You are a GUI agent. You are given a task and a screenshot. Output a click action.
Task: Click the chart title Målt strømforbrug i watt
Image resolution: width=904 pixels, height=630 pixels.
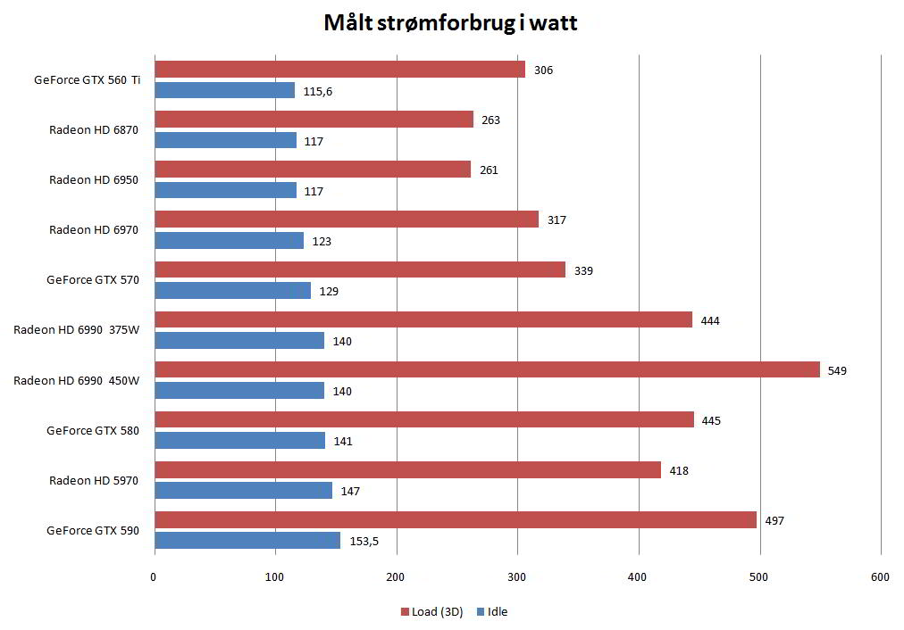(x=451, y=23)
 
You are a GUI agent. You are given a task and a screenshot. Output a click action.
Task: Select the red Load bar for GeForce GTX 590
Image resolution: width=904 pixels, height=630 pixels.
(x=456, y=519)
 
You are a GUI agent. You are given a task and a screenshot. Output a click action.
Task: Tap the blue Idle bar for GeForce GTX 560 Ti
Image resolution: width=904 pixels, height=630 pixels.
(x=224, y=90)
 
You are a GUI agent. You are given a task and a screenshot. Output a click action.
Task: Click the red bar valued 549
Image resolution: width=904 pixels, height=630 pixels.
(x=487, y=369)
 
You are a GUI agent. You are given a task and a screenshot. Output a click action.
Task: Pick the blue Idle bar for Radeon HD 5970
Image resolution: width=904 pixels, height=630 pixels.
(x=243, y=490)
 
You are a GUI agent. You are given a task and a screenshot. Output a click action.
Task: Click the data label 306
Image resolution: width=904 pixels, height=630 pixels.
(x=543, y=70)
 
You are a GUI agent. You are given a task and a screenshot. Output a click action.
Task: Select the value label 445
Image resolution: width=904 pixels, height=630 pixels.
(x=711, y=420)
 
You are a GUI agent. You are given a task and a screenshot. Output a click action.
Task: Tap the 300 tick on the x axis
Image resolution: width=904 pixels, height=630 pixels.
(x=517, y=578)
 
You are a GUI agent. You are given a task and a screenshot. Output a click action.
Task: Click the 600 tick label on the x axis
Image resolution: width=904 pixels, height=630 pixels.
(x=880, y=578)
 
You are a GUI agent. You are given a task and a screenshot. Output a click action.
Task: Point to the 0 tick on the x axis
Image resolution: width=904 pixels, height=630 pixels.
(x=154, y=578)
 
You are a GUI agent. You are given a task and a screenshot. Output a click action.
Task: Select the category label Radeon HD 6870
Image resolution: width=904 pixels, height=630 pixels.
(x=94, y=130)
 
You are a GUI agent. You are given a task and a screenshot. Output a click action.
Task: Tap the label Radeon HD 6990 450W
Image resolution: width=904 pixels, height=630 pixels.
(x=77, y=381)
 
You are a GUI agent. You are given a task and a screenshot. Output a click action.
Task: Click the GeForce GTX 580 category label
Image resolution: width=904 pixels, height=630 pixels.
(x=93, y=431)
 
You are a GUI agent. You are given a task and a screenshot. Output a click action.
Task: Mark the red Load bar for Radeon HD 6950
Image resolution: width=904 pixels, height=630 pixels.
(x=313, y=170)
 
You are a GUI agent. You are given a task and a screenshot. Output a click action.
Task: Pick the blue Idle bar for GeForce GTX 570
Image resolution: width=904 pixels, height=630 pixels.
(x=232, y=290)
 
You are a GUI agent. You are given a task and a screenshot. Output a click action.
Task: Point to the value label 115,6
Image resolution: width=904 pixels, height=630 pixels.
(x=318, y=91)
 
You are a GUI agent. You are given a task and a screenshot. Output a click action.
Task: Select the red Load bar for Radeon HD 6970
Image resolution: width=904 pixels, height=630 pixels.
(x=347, y=220)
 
